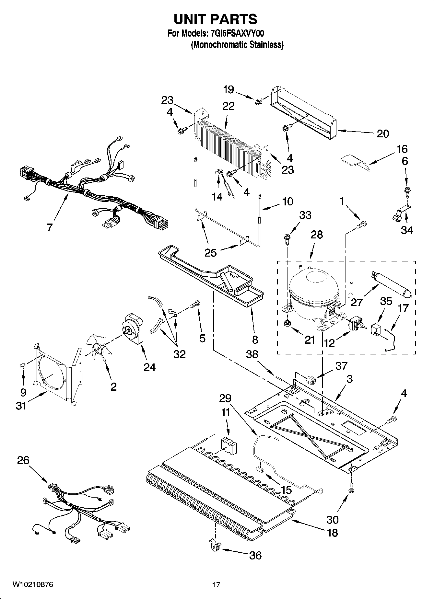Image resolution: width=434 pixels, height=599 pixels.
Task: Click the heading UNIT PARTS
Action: click(215, 19)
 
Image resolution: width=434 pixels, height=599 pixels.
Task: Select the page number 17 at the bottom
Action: click(216, 585)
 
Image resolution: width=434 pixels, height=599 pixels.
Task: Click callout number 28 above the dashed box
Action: click(316, 235)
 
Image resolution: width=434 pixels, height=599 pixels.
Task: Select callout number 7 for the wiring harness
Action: click(50, 227)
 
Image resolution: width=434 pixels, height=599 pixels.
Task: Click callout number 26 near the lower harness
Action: click(23, 460)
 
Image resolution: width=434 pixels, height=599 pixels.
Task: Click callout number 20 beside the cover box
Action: click(382, 133)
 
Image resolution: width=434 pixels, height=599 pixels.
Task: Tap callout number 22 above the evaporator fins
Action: click(229, 106)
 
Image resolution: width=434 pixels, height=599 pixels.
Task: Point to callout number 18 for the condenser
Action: click(332, 532)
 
